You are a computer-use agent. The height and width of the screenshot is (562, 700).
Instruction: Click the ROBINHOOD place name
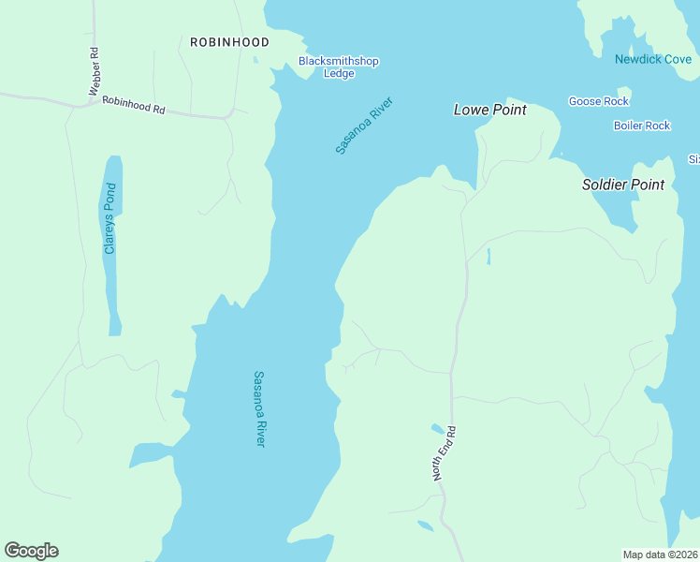tap(229, 42)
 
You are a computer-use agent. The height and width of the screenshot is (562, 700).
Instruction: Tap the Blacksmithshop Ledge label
tap(339, 67)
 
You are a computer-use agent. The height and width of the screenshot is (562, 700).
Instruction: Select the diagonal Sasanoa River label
tap(364, 125)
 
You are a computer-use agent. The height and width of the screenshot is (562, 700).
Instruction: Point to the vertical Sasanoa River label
tap(260, 408)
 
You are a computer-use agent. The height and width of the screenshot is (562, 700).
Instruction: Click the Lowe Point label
tap(489, 110)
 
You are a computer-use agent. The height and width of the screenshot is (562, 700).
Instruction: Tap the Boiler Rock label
tap(642, 126)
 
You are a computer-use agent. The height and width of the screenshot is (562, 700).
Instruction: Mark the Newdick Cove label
tap(652, 59)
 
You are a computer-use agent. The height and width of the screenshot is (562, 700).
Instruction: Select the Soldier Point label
tap(623, 185)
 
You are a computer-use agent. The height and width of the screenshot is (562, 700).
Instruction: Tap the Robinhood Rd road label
tap(133, 105)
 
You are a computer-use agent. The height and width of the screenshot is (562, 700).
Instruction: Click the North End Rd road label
tap(444, 454)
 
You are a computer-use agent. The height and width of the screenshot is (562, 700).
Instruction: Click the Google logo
tap(31, 551)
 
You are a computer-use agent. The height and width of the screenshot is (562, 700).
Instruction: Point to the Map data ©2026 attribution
tap(660, 555)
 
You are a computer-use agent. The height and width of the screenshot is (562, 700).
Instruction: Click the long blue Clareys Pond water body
tap(112, 281)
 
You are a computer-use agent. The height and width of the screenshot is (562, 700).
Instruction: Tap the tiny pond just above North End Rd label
tap(437, 429)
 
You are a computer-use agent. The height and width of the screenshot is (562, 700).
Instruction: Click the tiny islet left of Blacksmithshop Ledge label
tap(255, 60)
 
